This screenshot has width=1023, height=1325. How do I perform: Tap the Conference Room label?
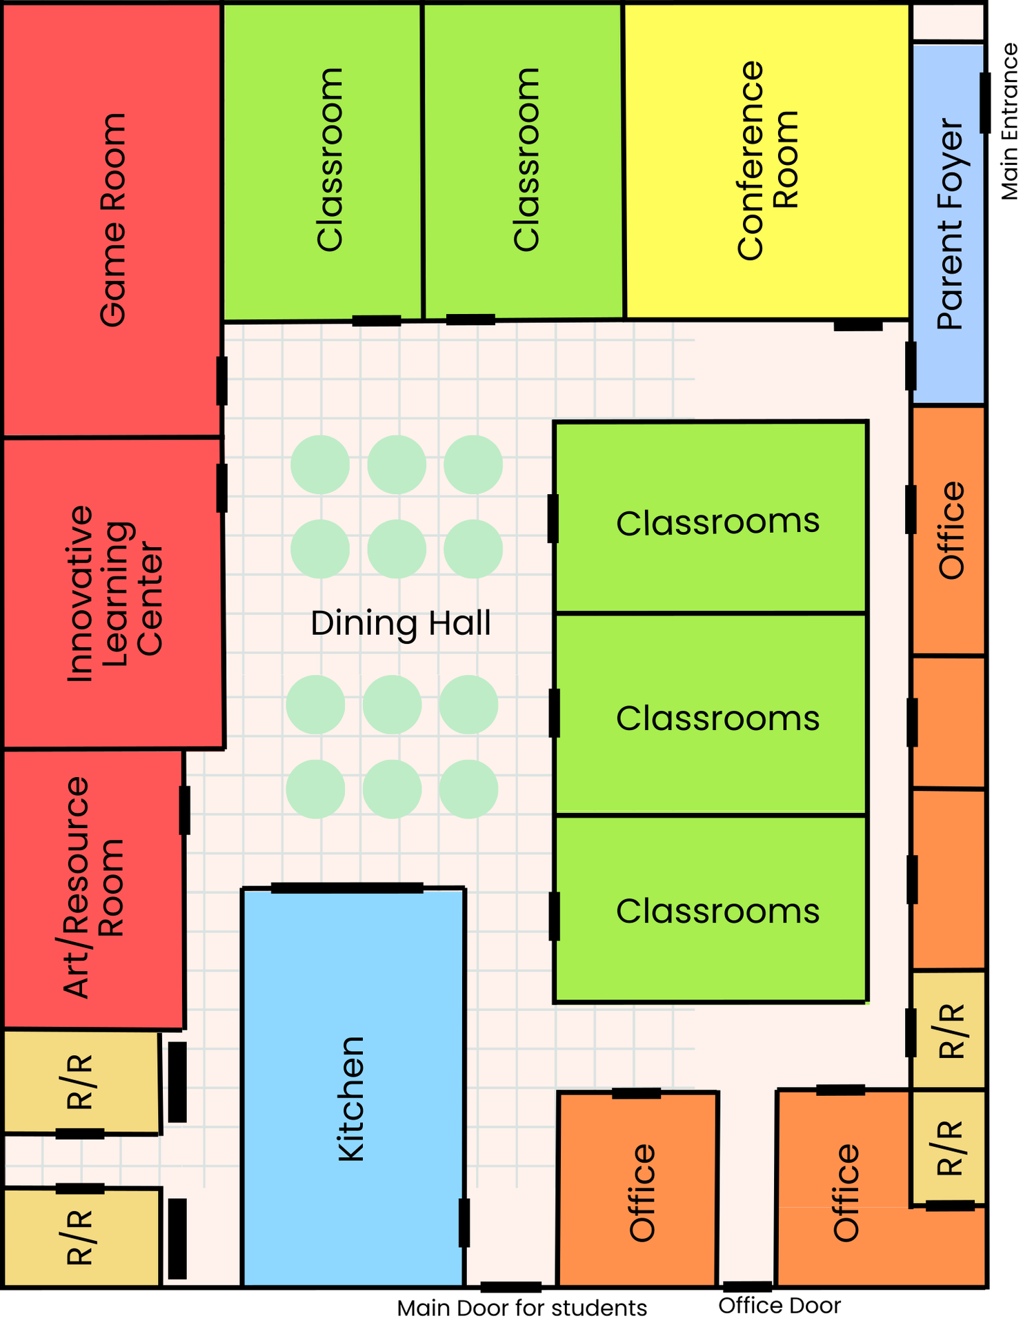[767, 160]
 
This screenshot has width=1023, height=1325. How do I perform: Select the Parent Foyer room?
[948, 224]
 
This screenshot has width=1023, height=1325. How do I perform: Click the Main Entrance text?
[1009, 121]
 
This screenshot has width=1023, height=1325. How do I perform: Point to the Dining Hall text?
[401, 623]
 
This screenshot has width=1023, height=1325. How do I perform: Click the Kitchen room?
[352, 1090]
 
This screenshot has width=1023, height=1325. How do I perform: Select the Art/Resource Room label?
[93, 887]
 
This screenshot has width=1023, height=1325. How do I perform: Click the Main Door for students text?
[522, 1308]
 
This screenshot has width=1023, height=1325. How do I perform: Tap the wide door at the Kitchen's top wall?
[347, 887]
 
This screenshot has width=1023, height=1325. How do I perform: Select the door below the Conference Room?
[857, 325]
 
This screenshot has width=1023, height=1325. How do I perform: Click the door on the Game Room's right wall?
[221, 381]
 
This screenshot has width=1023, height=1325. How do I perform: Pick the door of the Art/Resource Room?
[184, 810]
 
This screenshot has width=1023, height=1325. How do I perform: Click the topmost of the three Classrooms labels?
[717, 522]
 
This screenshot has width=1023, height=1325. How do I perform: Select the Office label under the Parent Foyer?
[951, 530]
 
